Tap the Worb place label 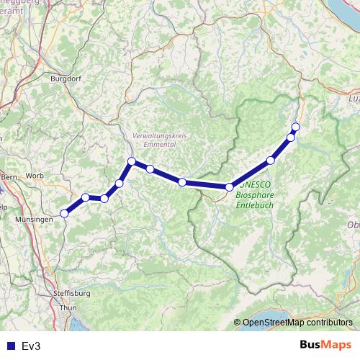pyautogui.click(x=34, y=175)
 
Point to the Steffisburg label pyautogui.click(x=71, y=294)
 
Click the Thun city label pyautogui.click(x=68, y=307)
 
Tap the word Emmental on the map pyautogui.click(x=160, y=145)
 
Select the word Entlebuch pyautogui.click(x=255, y=204)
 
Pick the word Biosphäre pyautogui.click(x=255, y=194)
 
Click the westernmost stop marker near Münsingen pyautogui.click(x=64, y=213)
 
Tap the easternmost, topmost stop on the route pyautogui.click(x=295, y=127)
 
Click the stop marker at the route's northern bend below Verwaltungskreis pyautogui.click(x=132, y=161)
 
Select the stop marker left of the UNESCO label pyautogui.click(x=230, y=187)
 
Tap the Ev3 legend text pyautogui.click(x=31, y=346)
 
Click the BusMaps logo pyautogui.click(x=327, y=345)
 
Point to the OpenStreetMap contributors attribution pyautogui.click(x=297, y=323)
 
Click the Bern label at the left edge pyautogui.click(x=9, y=176)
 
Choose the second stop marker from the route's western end pyautogui.click(x=86, y=197)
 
